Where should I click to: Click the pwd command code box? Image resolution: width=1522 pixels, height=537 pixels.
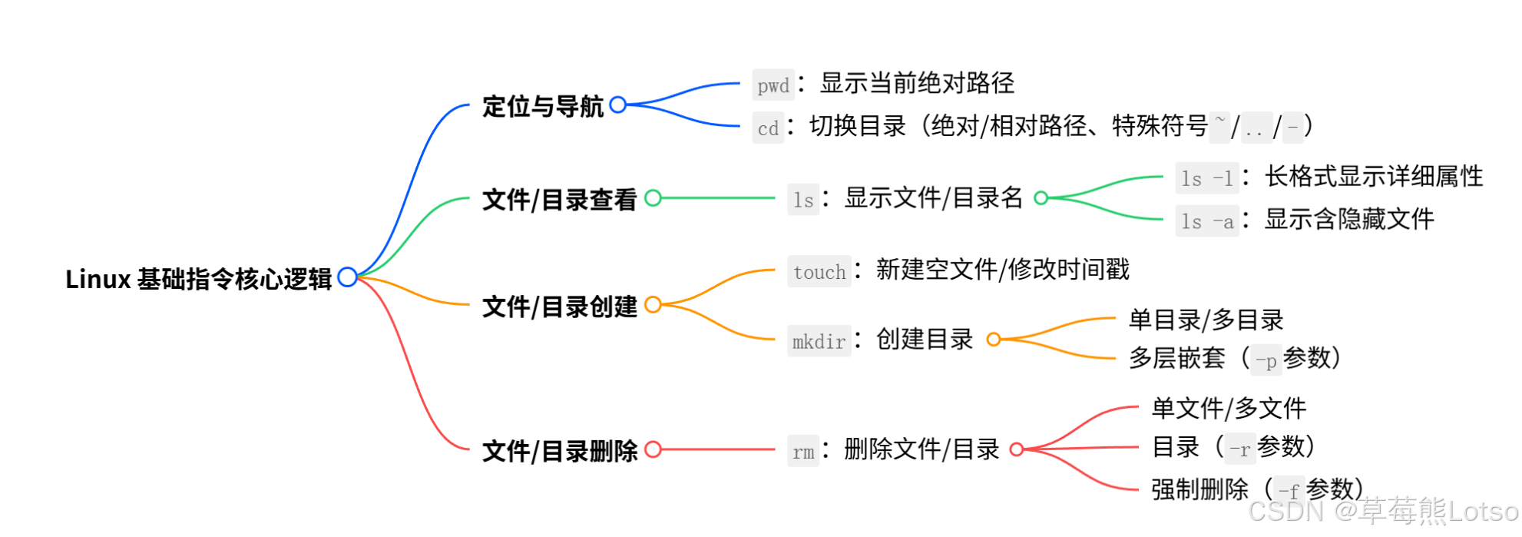[x=773, y=85]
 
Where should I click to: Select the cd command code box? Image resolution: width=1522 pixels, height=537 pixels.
[x=768, y=128]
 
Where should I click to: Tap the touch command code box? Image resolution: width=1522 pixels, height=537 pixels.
[x=819, y=272]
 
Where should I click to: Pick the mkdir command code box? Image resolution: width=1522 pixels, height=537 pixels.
[x=819, y=341]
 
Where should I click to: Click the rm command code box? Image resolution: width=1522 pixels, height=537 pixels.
[x=803, y=452]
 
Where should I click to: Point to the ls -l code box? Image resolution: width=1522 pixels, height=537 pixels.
[x=1206, y=179]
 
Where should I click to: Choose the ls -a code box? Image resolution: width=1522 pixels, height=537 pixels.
[x=1206, y=222]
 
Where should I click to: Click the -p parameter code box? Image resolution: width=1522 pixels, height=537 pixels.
[x=1266, y=360]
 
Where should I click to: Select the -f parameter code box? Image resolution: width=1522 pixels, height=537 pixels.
[x=1289, y=490]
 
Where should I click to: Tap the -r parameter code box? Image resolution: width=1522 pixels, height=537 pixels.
[x=1239, y=449]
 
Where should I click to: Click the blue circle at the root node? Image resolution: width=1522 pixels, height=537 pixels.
[x=347, y=277]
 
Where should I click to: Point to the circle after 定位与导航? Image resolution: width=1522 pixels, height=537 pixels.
[x=617, y=104]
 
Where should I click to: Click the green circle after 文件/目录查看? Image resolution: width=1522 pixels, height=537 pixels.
[x=653, y=198]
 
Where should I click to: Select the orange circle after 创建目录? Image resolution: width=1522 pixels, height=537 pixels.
[x=994, y=340]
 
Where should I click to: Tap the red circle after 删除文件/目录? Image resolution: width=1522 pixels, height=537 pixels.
[x=1017, y=449]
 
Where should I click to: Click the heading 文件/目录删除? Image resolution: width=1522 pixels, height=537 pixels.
[x=560, y=451]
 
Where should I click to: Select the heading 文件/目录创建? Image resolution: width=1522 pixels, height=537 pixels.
[x=560, y=307]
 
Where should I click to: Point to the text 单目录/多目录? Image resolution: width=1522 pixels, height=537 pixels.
[x=1206, y=320]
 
